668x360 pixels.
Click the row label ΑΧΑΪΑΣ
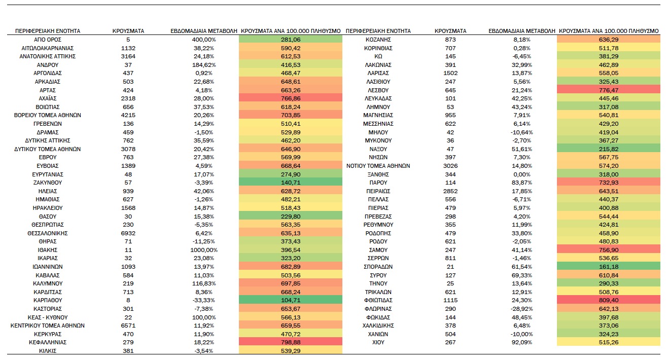pyautogui.click(x=47, y=98)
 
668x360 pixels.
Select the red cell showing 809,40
pyautogui.click(x=608, y=300)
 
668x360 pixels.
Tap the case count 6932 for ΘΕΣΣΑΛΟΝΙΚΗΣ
pyautogui.click(x=128, y=233)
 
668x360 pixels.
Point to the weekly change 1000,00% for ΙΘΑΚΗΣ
pyautogui.click(x=204, y=250)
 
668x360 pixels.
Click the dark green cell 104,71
pyautogui.click(x=291, y=300)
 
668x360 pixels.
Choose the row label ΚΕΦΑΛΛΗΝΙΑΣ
pyautogui.click(x=47, y=342)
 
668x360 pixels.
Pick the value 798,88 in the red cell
pyautogui.click(x=291, y=342)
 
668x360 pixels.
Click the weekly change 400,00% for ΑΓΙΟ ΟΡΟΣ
pyautogui.click(x=204, y=40)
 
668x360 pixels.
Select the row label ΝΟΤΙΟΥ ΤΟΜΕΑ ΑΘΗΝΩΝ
pyautogui.click(x=378, y=166)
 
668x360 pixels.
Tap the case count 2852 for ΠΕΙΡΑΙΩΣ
pyautogui.click(x=450, y=191)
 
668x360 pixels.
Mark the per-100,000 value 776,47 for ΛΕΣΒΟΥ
pyautogui.click(x=608, y=90)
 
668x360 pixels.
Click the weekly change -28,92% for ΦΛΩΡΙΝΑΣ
pyautogui.click(x=521, y=309)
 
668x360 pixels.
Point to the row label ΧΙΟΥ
pyautogui.click(x=378, y=342)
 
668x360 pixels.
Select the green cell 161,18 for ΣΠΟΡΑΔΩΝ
pyautogui.click(x=608, y=266)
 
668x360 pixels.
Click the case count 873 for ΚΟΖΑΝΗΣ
pyautogui.click(x=450, y=40)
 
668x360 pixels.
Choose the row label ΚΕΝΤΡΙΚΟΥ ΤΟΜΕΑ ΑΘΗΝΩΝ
pyautogui.click(x=47, y=326)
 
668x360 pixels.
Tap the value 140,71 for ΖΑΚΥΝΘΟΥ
pyautogui.click(x=291, y=183)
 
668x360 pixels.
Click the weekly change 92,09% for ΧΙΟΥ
pyautogui.click(x=521, y=342)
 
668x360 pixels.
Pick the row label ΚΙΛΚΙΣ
pyautogui.click(x=47, y=351)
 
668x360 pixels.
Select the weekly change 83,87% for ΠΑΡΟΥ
pyautogui.click(x=521, y=183)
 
